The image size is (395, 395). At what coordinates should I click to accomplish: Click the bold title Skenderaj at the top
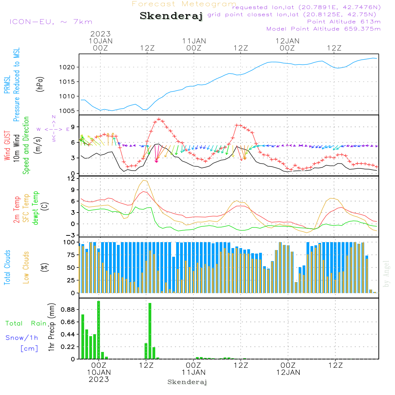[x=171, y=16]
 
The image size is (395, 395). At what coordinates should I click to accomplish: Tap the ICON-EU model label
[x=51, y=22]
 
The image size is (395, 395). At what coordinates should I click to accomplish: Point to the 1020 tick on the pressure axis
[x=67, y=67]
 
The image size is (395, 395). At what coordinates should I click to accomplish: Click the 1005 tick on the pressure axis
[x=67, y=111]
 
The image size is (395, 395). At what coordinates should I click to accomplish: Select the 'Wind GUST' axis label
[x=7, y=145]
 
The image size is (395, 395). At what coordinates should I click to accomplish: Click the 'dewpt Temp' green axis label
[x=35, y=208]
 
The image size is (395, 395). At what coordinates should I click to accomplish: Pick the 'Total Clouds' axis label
[x=7, y=267]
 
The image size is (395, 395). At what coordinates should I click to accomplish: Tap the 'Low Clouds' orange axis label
[x=26, y=267]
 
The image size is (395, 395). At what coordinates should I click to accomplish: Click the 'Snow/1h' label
[x=22, y=338]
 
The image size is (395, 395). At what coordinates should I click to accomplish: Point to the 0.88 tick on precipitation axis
[x=68, y=309]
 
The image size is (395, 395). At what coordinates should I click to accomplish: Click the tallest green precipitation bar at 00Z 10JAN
[x=98, y=330]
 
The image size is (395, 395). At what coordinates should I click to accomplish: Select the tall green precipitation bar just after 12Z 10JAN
[x=150, y=331]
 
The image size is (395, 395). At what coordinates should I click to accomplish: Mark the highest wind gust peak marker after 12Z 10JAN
[x=159, y=119]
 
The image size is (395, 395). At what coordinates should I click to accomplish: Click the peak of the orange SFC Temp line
[x=144, y=180]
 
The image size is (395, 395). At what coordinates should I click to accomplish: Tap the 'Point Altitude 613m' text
[x=344, y=22]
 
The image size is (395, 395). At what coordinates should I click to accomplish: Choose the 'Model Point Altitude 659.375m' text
[x=324, y=29]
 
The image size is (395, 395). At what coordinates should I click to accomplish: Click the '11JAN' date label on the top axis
[x=194, y=41]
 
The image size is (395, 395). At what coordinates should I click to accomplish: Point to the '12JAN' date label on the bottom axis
[x=288, y=372]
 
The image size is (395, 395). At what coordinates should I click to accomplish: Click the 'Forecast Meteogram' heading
[x=184, y=4]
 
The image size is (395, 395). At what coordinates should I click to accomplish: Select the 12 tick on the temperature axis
[x=71, y=179]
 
